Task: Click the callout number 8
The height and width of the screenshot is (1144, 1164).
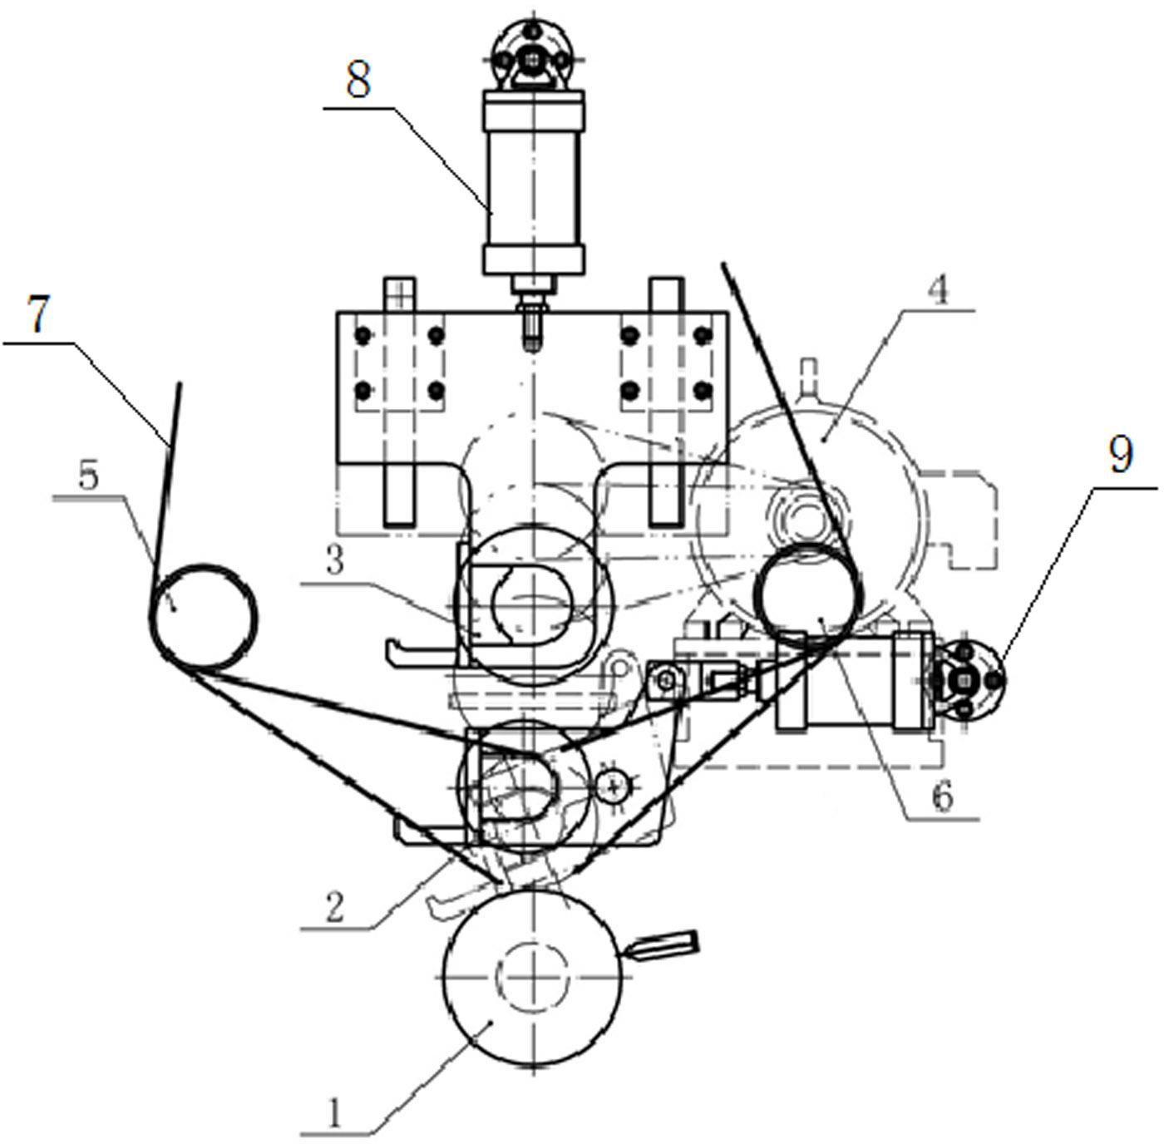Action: [358, 81]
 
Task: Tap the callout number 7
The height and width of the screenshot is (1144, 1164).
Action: [38, 315]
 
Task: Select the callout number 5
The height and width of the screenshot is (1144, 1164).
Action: [88, 476]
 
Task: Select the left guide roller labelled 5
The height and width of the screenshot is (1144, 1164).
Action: [203, 617]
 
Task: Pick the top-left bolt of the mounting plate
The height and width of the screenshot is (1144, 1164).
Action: [363, 334]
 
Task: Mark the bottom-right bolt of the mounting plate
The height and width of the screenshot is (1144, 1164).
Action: [701, 392]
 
